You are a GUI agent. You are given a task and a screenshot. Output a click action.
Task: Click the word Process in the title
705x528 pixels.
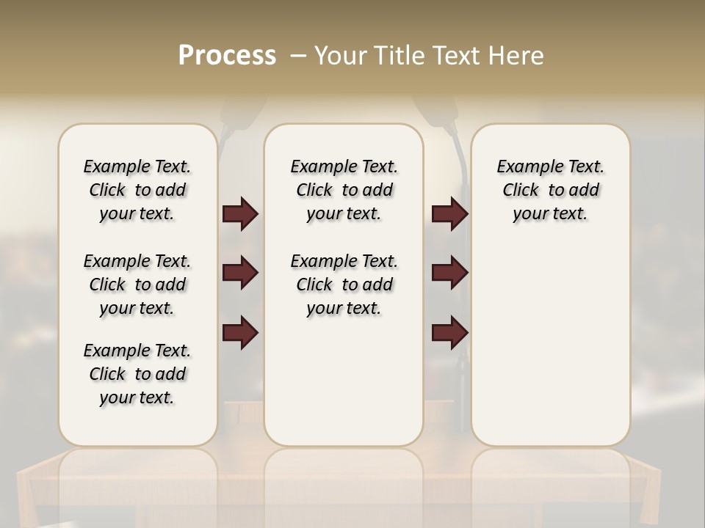coord(227,56)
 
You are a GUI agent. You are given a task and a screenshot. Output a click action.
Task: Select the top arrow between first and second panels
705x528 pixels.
coord(240,213)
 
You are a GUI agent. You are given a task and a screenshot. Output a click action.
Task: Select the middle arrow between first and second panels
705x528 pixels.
coord(240,273)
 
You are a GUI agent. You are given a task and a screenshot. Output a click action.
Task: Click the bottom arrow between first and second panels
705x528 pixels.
coord(240,333)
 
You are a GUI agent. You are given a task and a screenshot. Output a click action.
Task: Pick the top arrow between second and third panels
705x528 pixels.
coord(449,213)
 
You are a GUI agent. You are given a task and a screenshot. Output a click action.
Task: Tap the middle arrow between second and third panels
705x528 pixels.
coord(449,273)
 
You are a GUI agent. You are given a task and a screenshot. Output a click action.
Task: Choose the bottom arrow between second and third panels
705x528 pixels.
coord(449,333)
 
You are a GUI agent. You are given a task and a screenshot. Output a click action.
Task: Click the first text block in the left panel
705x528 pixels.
coord(137,190)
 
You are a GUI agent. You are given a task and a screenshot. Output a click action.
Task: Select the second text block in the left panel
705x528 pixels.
coord(137,285)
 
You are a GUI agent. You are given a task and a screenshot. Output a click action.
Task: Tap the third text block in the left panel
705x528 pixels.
coord(137,374)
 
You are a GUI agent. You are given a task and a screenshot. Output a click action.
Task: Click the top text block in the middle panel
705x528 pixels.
coord(344,190)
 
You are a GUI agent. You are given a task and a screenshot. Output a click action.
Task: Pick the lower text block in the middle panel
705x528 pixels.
coord(344,285)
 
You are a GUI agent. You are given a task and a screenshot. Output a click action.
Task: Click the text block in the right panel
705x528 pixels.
coord(550,190)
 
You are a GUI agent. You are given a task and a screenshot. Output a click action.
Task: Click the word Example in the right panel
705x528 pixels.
coord(526,167)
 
